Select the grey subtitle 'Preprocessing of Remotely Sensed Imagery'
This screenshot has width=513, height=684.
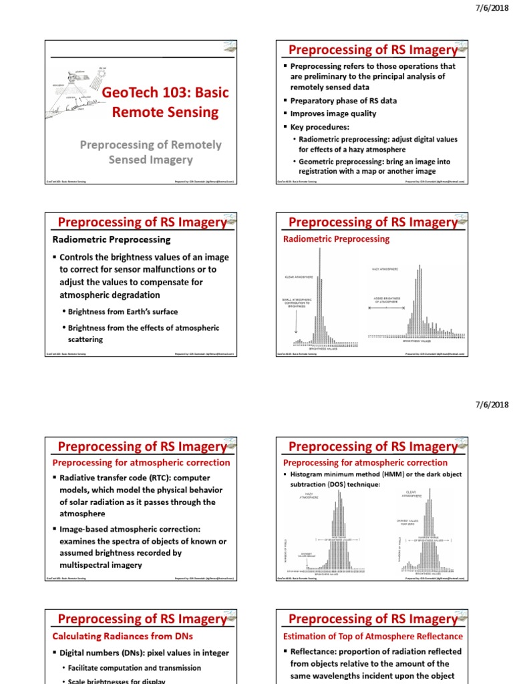150,152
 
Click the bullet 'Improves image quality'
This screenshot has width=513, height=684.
333,114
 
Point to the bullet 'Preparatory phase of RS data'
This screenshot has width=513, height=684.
343,101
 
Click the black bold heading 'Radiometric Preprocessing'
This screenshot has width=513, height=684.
112,239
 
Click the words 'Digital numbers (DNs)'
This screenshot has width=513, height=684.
102,653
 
